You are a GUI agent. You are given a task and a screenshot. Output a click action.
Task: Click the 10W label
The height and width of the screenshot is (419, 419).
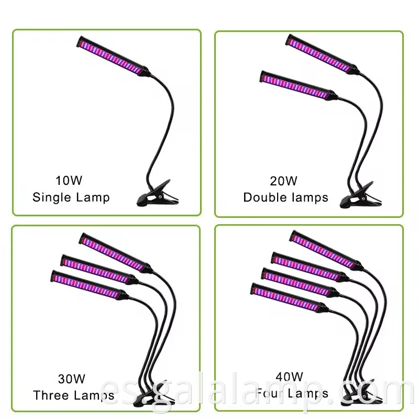coord(69,181)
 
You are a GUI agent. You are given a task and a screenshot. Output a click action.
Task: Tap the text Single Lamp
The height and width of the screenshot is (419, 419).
coord(71,197)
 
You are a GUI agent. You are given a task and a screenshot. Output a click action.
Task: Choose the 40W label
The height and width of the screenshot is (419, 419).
coord(290,377)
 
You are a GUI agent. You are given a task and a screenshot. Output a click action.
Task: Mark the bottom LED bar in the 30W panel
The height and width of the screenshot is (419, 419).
coord(89,287)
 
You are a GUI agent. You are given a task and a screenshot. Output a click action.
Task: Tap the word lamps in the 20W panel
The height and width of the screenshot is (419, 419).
coord(310,197)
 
